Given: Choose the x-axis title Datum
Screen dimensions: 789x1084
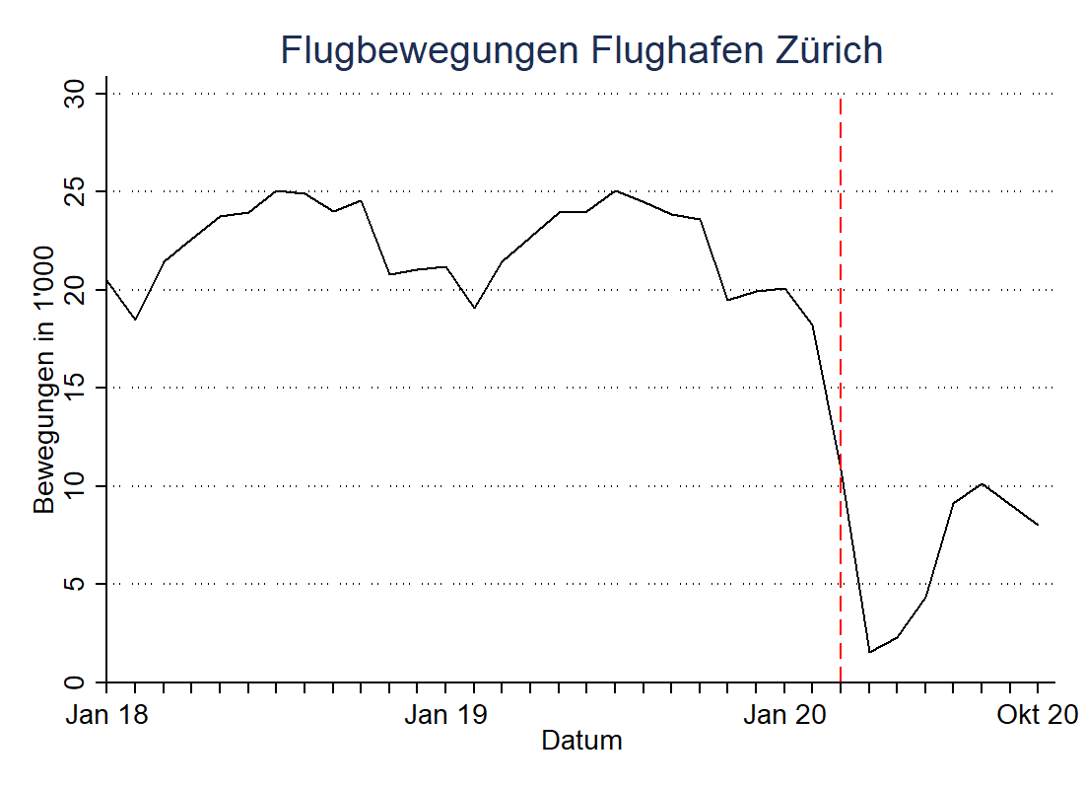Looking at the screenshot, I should tap(581, 740).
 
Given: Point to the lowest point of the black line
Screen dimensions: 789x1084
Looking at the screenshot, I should tap(869, 652).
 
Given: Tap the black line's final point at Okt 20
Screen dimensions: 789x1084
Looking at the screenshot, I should tap(1039, 525).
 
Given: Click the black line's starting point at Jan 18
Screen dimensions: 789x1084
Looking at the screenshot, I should tap(106, 280).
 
